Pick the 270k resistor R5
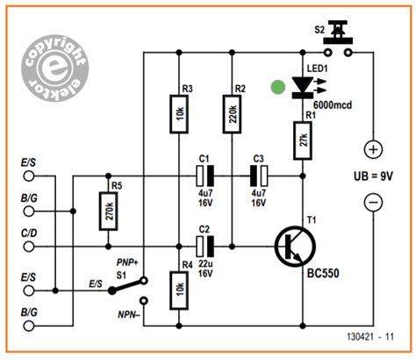tap(107, 210)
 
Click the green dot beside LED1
tap(277, 87)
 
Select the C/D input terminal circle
tap(31, 248)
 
